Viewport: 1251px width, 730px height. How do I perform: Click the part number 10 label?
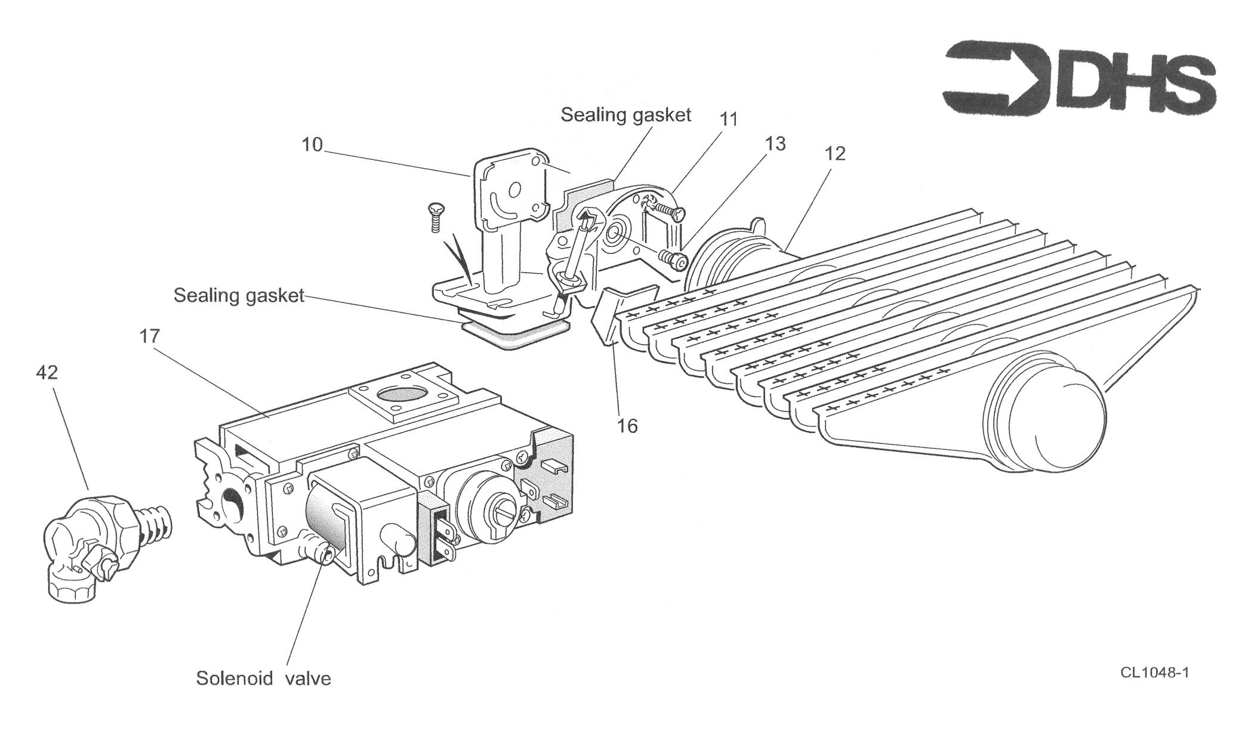pyautogui.click(x=312, y=144)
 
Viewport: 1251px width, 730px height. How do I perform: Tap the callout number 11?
pyautogui.click(x=729, y=119)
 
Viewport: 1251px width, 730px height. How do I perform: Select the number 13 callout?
pyautogui.click(x=775, y=144)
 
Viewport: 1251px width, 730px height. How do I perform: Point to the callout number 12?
pyautogui.click(x=835, y=154)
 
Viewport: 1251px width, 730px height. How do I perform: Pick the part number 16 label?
pyautogui.click(x=628, y=426)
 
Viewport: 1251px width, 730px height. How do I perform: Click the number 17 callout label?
pyautogui.click(x=150, y=336)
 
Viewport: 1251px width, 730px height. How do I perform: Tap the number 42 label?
pyautogui.click(x=47, y=373)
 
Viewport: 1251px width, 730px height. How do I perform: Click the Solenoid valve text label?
pyautogui.click(x=263, y=678)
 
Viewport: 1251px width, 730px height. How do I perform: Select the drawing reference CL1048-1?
pyautogui.click(x=1154, y=673)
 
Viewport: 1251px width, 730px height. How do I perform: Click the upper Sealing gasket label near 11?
pyautogui.click(x=625, y=115)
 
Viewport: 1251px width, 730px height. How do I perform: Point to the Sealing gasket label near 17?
pyautogui.click(x=239, y=295)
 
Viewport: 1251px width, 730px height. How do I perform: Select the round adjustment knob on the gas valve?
pyautogui.click(x=486, y=506)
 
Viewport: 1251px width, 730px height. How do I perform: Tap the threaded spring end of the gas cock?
pyautogui.click(x=156, y=524)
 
